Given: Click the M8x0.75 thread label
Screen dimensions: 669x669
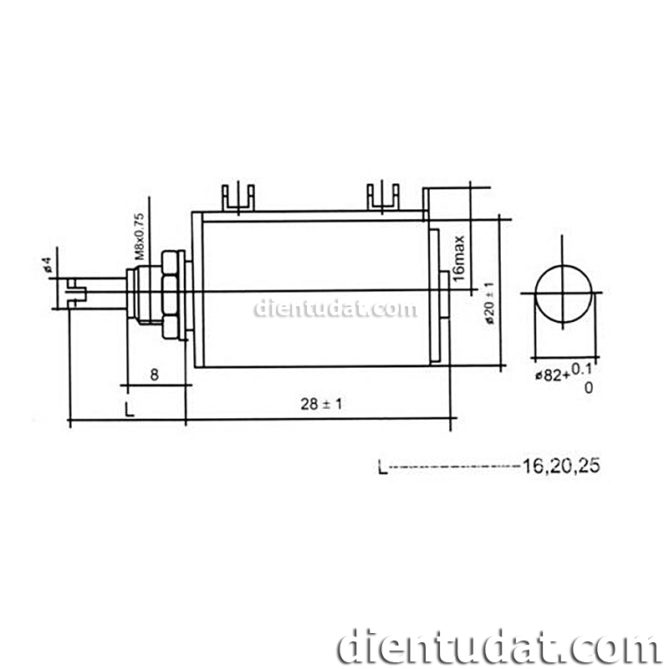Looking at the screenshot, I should tap(140, 235).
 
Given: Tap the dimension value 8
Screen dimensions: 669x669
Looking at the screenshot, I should tap(154, 375).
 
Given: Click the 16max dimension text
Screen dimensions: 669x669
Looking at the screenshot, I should tap(458, 258).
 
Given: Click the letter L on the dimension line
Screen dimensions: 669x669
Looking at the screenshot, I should tap(128, 410).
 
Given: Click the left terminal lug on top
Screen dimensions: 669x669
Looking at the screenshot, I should tap(237, 197).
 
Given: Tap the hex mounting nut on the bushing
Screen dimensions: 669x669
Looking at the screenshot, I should tap(171, 294).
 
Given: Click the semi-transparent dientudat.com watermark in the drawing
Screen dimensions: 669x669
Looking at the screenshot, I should tap(334, 309).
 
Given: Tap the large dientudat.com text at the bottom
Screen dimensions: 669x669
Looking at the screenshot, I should tap(498, 646).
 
